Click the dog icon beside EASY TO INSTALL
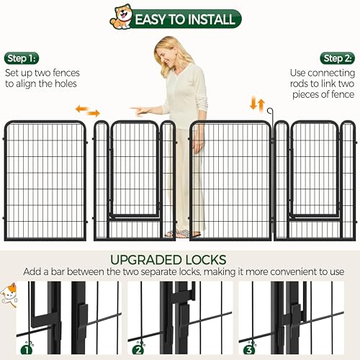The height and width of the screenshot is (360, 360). (x=120, y=18)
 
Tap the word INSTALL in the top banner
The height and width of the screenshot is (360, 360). (x=208, y=19)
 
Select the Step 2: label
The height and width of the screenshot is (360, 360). (x=338, y=58)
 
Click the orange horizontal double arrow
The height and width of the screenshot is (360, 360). (x=88, y=111)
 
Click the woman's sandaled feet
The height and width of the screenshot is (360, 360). (x=180, y=233)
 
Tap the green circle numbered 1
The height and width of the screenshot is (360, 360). (x=27, y=351)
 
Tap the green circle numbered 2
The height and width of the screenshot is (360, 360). (x=138, y=351)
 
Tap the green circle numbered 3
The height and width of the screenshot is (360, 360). (x=248, y=351)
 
